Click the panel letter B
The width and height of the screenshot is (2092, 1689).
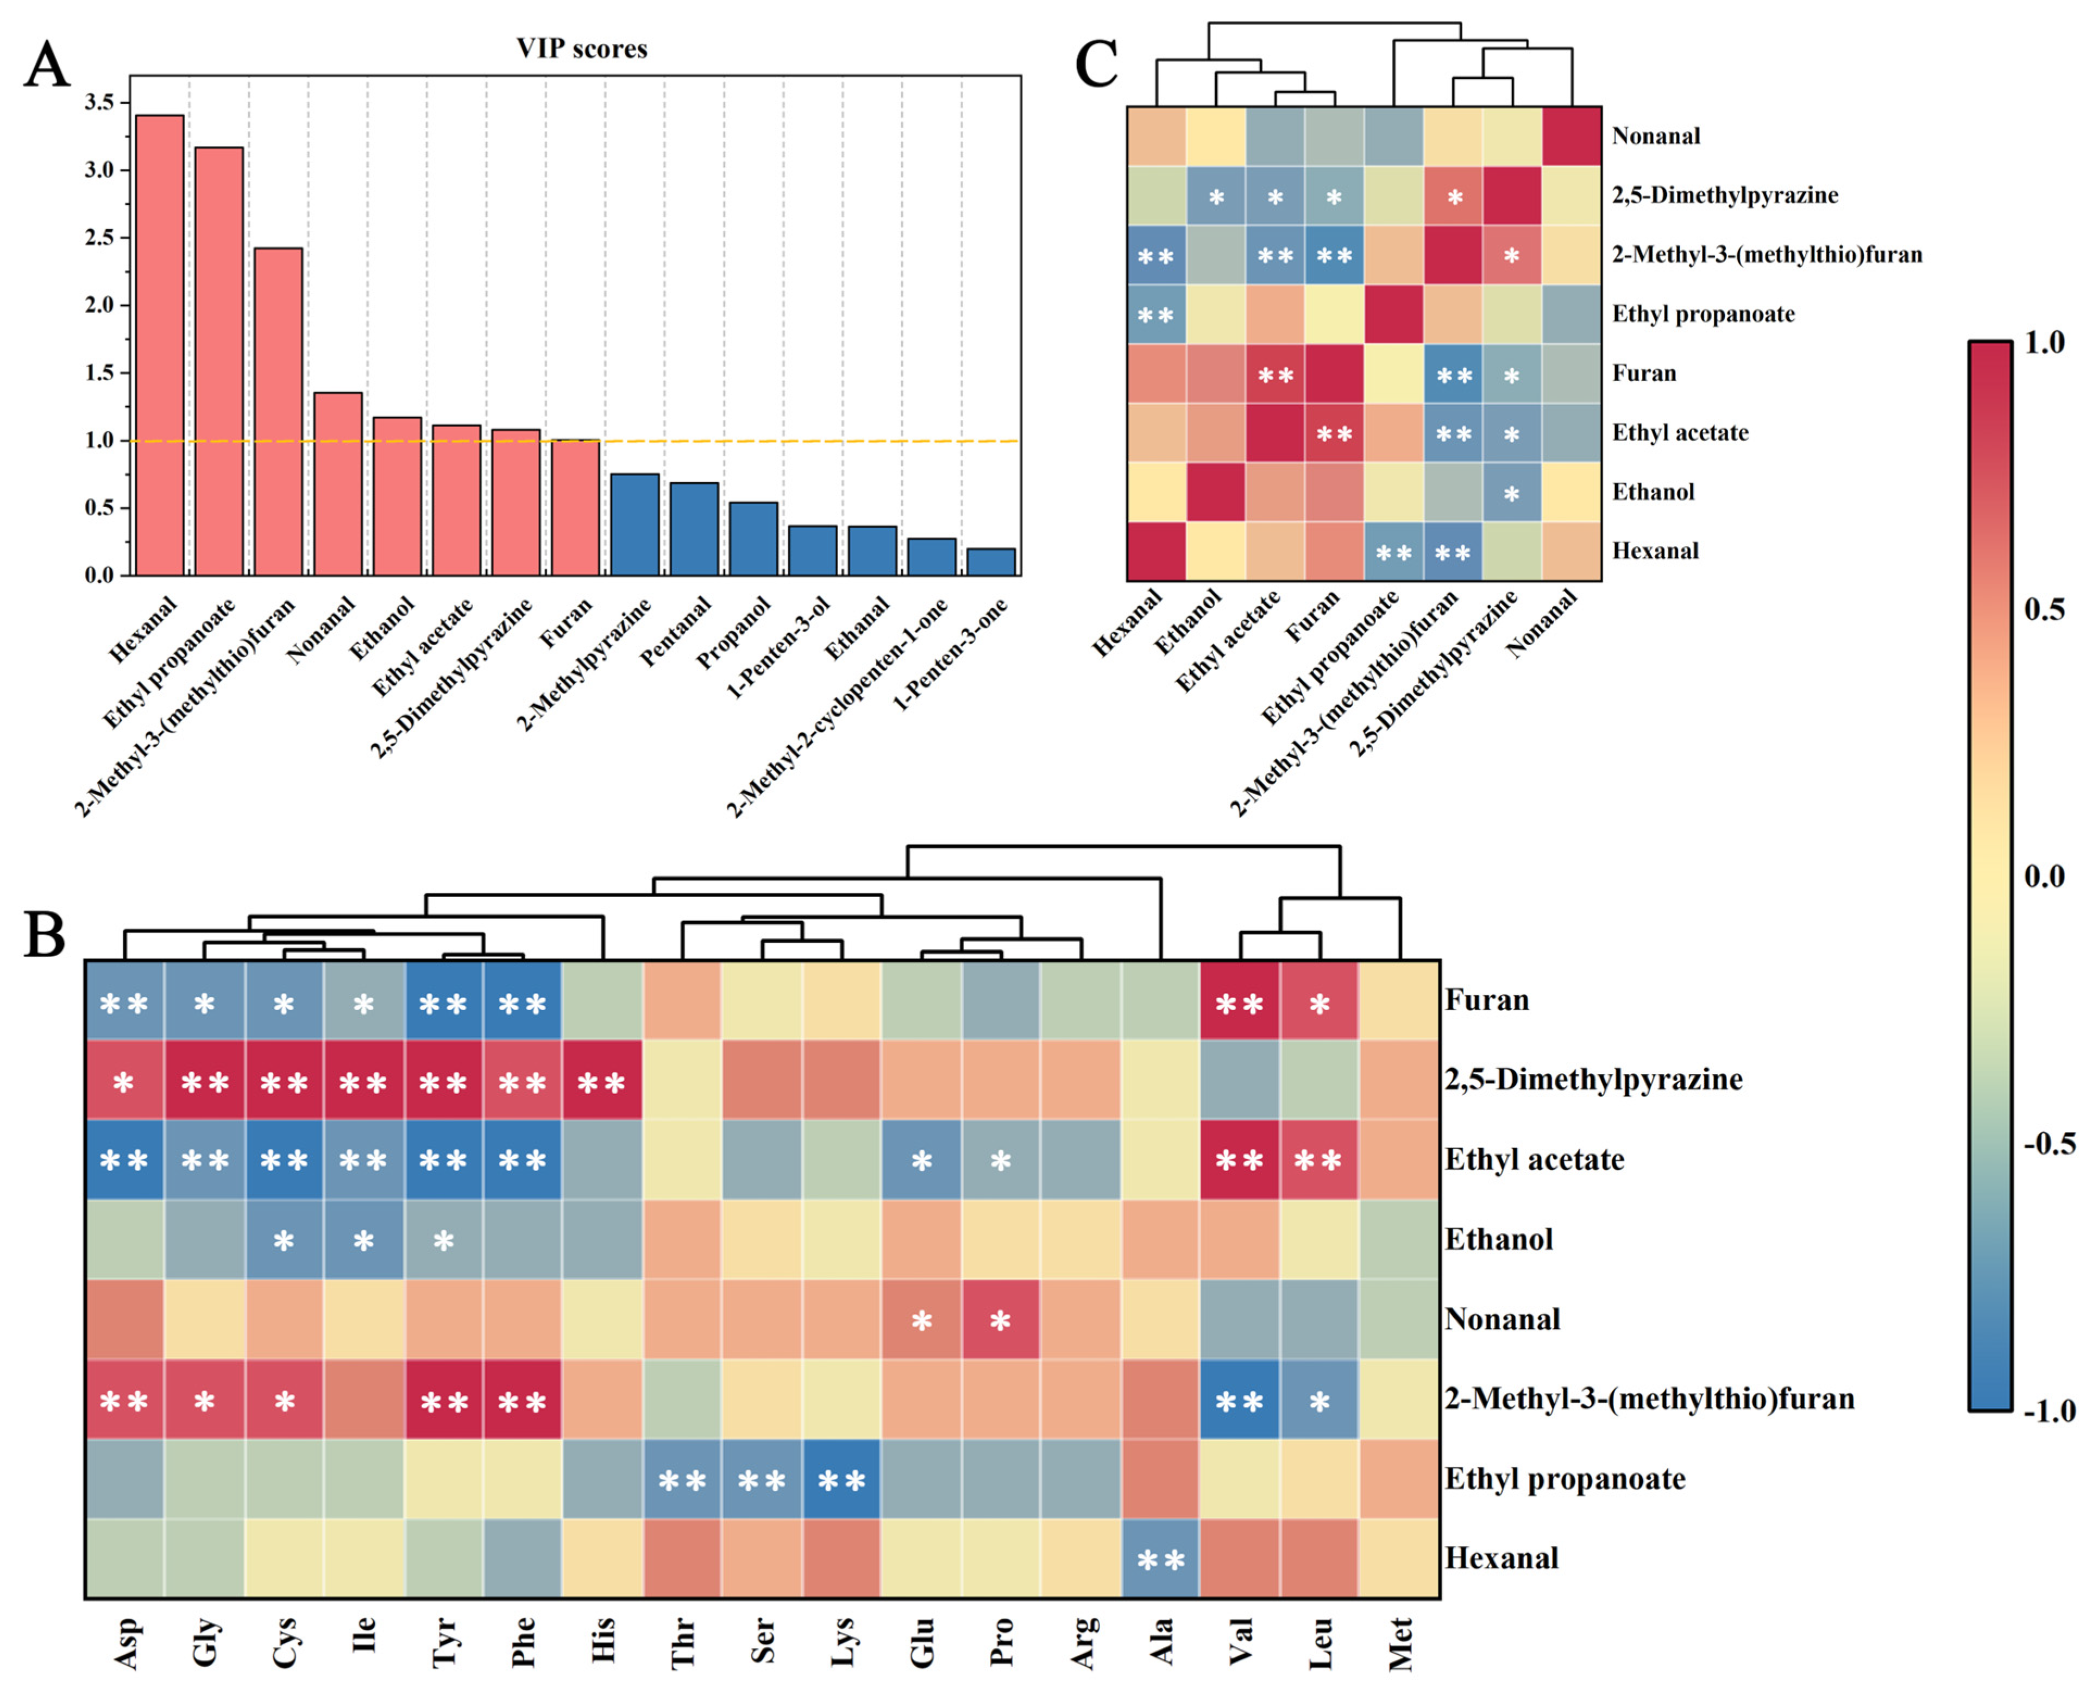pyautogui.click(x=45, y=935)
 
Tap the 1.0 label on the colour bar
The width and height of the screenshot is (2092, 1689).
pyautogui.click(x=2044, y=343)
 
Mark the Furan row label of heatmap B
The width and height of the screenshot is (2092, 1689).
pyautogui.click(x=1487, y=1000)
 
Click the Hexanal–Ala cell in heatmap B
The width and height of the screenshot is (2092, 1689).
pyautogui.click(x=1160, y=1560)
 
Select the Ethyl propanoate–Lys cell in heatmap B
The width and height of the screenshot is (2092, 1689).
pyautogui.click(x=841, y=1480)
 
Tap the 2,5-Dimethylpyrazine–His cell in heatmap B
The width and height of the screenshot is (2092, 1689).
pyautogui.click(x=601, y=1081)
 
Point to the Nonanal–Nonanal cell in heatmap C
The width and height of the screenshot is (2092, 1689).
pyautogui.click(x=1572, y=136)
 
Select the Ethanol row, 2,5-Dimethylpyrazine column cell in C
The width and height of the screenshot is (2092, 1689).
pyautogui.click(x=1512, y=492)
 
